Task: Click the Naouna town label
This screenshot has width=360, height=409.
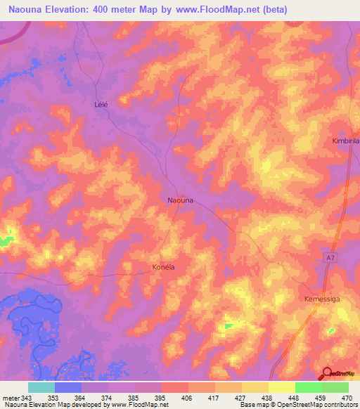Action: coord(180,200)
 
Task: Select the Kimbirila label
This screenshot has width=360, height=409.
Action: coord(345,141)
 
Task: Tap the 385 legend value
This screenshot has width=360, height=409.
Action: coord(123,398)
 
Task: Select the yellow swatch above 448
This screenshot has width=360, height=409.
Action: coord(282,387)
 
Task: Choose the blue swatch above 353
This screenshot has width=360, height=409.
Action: coord(68,387)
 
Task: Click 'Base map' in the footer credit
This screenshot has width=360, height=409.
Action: coord(253,405)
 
